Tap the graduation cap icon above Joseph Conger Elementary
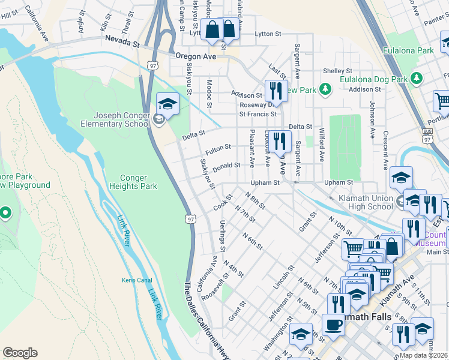point(167,104)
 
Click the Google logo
point(20,353)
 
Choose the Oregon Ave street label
point(195,56)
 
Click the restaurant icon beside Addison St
point(276,91)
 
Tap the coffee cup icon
point(334,325)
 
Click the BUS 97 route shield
point(427,136)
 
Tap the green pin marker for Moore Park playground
point(5,212)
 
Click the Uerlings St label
point(223,235)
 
